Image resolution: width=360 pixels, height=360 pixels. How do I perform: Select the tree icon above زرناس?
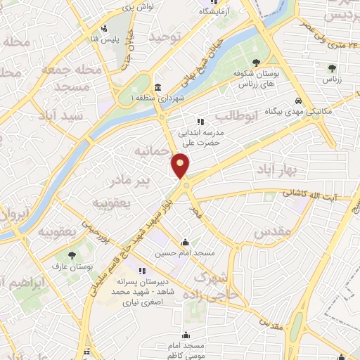tap(332, 67)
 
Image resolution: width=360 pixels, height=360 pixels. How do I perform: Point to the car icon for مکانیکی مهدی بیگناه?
tap(300, 101)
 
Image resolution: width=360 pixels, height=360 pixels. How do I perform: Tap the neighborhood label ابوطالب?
tap(233, 115)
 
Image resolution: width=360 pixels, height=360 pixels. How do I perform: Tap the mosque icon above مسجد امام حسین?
tap(185, 242)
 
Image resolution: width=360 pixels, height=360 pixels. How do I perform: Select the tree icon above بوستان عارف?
tap(72, 255)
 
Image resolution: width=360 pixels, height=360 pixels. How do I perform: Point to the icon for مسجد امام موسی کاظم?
tap(186, 335)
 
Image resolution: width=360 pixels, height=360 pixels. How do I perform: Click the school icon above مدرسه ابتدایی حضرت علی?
tap(200, 122)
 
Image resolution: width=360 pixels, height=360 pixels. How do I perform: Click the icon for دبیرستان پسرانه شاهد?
tap(142, 270)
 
